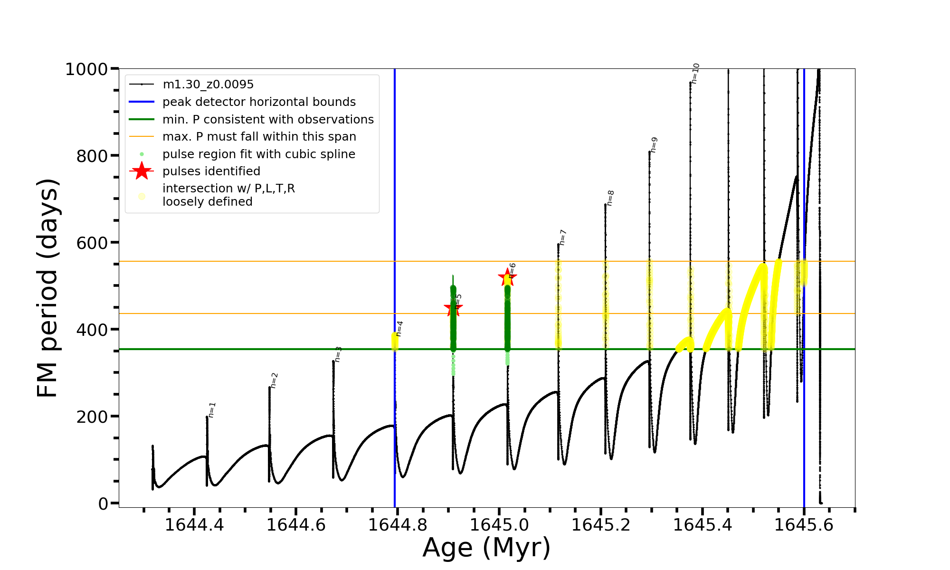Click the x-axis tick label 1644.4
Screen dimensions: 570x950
point(194,525)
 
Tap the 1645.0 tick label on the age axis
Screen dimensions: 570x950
point(499,525)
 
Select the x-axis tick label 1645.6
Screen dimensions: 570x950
point(804,525)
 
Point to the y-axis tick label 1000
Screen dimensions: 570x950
point(86,69)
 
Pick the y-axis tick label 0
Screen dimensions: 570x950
point(103,503)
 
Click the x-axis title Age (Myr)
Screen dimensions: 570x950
point(486,548)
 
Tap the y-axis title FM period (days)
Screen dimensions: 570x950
point(47,288)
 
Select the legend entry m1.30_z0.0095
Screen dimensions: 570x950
point(208,85)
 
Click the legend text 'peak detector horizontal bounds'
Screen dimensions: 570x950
point(259,102)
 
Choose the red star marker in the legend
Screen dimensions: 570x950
point(142,171)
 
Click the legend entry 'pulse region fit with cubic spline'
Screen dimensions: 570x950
point(258,154)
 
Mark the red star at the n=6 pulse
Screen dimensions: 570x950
point(507,277)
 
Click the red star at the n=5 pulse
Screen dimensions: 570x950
point(453,308)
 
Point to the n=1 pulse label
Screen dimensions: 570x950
point(212,410)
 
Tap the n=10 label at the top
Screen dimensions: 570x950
point(695,74)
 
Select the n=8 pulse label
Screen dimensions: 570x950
point(611,198)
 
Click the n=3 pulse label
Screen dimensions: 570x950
point(338,354)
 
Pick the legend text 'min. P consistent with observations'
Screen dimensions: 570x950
point(268,120)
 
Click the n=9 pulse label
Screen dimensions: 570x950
point(654,144)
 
